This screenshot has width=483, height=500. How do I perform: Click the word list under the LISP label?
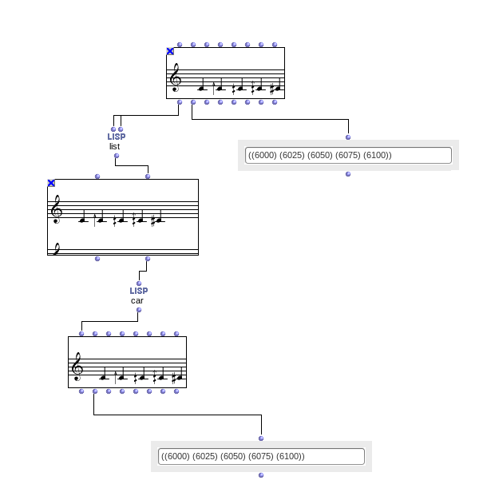point(115,146)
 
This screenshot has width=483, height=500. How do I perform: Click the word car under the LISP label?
point(137,300)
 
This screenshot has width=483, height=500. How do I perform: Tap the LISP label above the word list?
point(117,137)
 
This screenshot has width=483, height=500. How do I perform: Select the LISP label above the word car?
point(139,291)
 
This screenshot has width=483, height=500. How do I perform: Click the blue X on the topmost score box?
point(170,51)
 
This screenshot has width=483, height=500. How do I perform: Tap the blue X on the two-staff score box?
point(51,183)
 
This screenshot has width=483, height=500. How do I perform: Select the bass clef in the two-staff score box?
point(55,248)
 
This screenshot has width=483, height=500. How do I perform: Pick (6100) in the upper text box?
point(376,155)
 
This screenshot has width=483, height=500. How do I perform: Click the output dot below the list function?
point(117,155)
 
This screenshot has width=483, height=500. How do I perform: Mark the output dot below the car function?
point(139,310)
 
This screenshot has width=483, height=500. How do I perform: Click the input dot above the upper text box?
point(348,137)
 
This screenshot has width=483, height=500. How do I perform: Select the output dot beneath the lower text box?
point(261,475)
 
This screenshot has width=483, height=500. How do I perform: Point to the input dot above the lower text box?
point(261,438)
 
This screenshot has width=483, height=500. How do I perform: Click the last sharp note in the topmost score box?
point(276,88)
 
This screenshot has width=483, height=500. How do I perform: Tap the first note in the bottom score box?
point(104,376)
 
